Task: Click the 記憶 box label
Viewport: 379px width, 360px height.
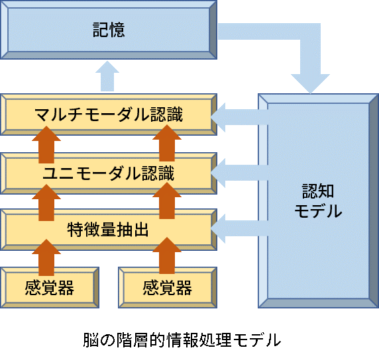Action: click(x=109, y=30)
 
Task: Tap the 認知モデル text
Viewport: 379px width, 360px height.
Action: click(x=318, y=201)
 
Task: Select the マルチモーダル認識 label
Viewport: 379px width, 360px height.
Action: click(x=109, y=114)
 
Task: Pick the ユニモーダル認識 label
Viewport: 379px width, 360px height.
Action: click(x=109, y=173)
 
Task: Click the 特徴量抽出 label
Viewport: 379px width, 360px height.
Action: click(x=108, y=230)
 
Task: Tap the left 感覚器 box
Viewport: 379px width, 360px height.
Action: click(x=50, y=288)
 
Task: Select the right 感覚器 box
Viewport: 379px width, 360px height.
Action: click(x=168, y=288)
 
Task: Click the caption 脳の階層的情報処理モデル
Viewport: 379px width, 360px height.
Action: click(x=182, y=339)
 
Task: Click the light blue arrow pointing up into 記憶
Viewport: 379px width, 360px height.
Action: click(x=107, y=76)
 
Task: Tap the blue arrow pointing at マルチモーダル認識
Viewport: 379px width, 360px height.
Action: click(x=239, y=117)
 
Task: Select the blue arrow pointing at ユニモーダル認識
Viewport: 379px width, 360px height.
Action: click(x=239, y=173)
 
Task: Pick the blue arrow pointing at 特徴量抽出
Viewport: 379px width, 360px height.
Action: click(x=239, y=228)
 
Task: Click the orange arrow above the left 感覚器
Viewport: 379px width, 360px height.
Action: click(x=46, y=257)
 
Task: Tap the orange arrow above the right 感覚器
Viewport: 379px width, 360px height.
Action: click(x=167, y=255)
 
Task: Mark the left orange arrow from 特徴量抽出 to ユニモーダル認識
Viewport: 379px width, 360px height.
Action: click(x=46, y=202)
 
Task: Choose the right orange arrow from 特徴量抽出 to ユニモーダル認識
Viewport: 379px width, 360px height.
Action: click(x=167, y=201)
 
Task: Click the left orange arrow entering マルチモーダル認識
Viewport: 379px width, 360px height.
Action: click(x=46, y=144)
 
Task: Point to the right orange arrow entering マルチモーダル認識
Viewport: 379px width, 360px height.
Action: click(x=167, y=143)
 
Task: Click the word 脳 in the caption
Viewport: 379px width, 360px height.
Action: click(x=91, y=339)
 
